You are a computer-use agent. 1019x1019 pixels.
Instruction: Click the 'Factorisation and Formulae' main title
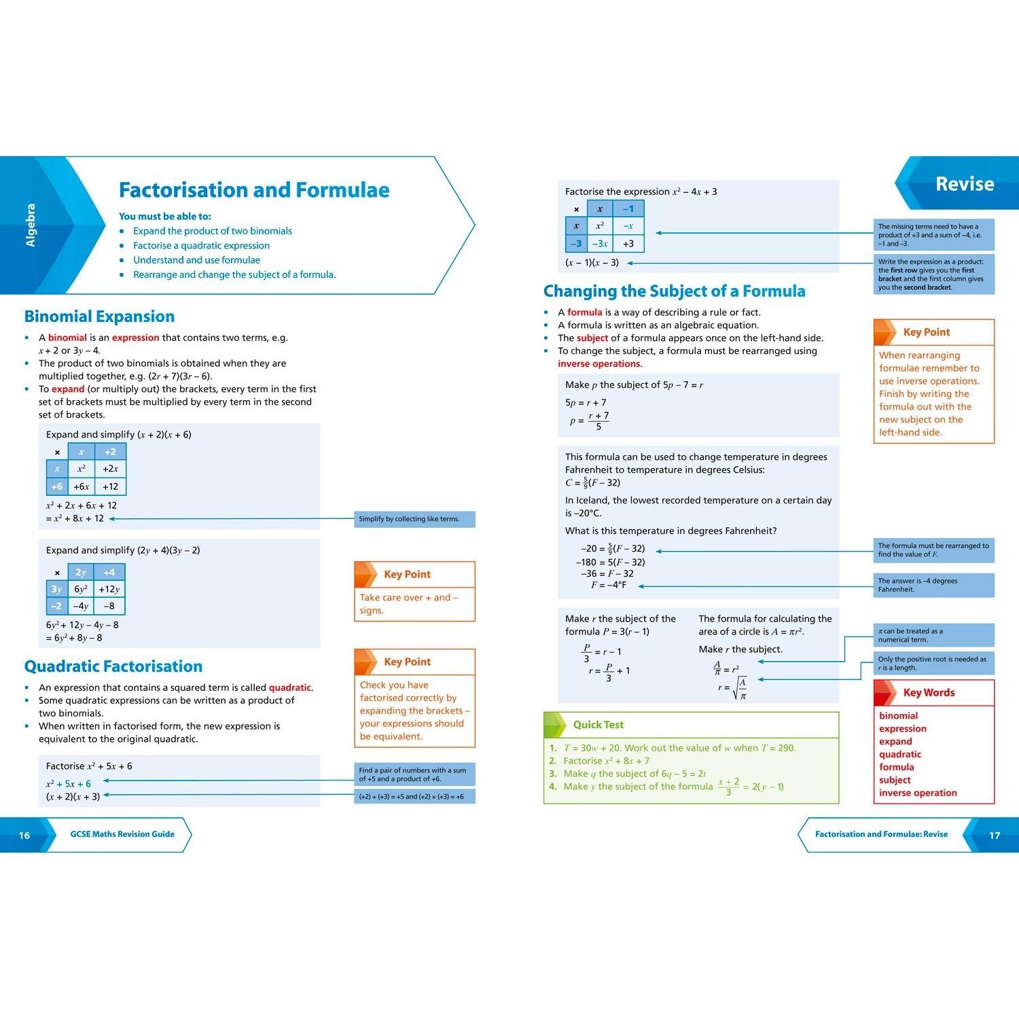(254, 190)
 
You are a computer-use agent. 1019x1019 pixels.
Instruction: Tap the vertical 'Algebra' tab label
(31, 225)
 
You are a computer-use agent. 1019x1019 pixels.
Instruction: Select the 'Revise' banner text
(965, 184)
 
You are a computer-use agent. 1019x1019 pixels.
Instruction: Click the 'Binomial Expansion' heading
(99, 317)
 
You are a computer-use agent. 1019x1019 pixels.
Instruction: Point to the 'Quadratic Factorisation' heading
(113, 666)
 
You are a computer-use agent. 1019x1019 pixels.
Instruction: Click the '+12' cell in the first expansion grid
(110, 486)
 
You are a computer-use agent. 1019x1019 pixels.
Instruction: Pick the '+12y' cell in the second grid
(109, 589)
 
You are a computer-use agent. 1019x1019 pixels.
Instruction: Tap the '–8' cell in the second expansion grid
(109, 606)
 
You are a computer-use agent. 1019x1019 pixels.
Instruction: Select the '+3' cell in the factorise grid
(628, 243)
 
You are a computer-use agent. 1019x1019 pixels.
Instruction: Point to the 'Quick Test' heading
(598, 725)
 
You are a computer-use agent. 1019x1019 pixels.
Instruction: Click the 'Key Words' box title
(929, 693)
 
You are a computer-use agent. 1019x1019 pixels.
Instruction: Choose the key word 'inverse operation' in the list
(918, 793)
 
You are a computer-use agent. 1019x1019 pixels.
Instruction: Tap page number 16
(24, 836)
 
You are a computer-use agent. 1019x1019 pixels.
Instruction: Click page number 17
(995, 836)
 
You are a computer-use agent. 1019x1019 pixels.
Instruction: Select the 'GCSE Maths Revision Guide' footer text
(122, 834)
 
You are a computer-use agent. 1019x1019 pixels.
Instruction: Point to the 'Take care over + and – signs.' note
(409, 604)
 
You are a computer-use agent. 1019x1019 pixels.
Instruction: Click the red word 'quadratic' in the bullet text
(289, 687)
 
